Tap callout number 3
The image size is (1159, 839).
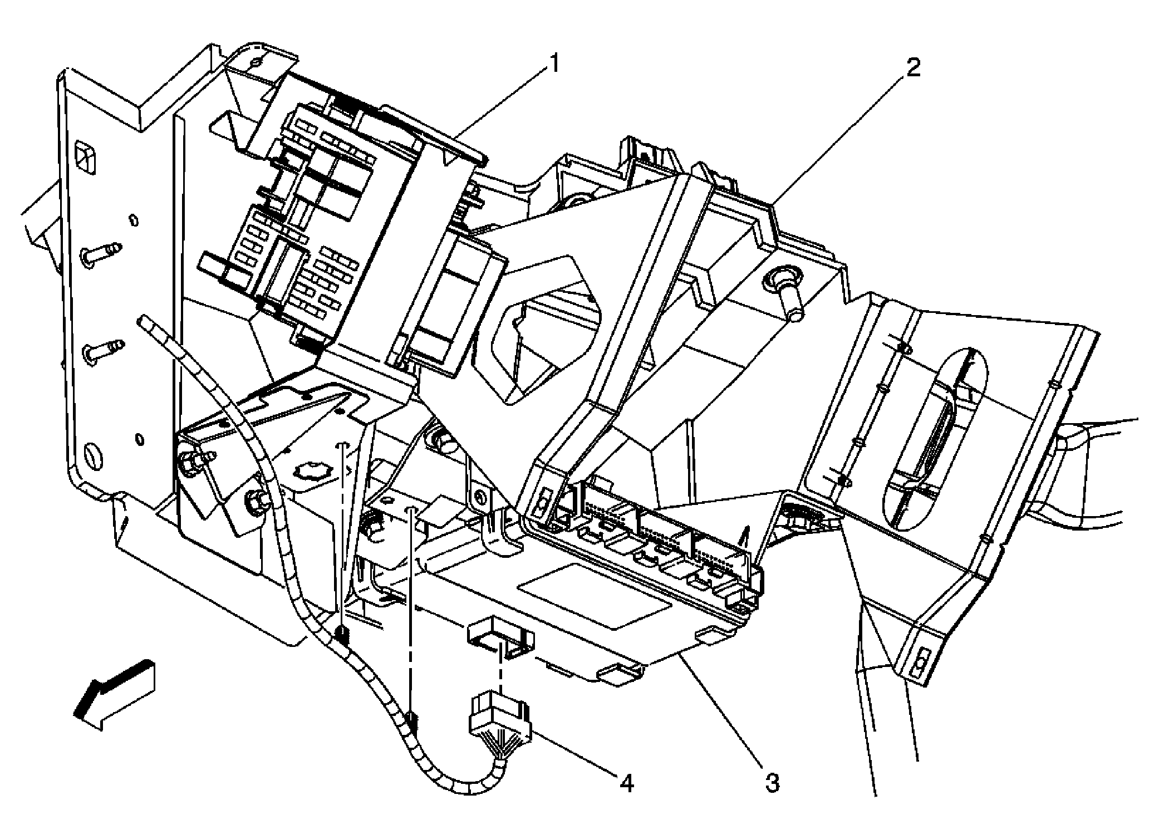pyautogui.click(x=772, y=783)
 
